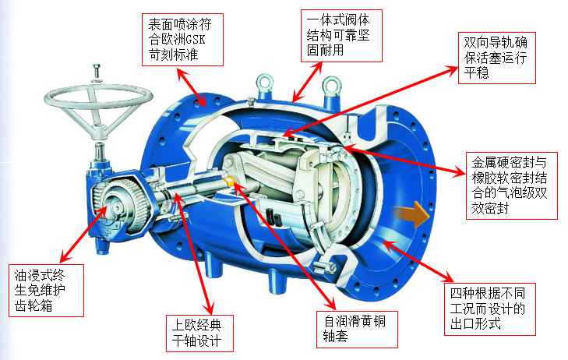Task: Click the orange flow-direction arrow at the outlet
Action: tap(411, 214)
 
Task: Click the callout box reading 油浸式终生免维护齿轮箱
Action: tap(47, 291)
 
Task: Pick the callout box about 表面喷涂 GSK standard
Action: tap(182, 40)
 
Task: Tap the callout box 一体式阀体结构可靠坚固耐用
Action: tap(341, 36)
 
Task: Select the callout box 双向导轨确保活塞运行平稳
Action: tap(496, 58)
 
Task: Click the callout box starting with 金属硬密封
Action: tap(511, 185)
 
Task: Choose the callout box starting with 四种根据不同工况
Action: tap(490, 309)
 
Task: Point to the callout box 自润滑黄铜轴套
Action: tap(357, 329)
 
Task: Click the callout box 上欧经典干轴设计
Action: tap(199, 334)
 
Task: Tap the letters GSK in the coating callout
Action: tap(196, 40)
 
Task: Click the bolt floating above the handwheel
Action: tap(97, 72)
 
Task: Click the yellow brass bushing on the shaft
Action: tap(230, 181)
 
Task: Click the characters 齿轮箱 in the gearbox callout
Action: tap(34, 306)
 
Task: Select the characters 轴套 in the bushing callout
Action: tap(336, 337)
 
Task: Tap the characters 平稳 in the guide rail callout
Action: tap(477, 72)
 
